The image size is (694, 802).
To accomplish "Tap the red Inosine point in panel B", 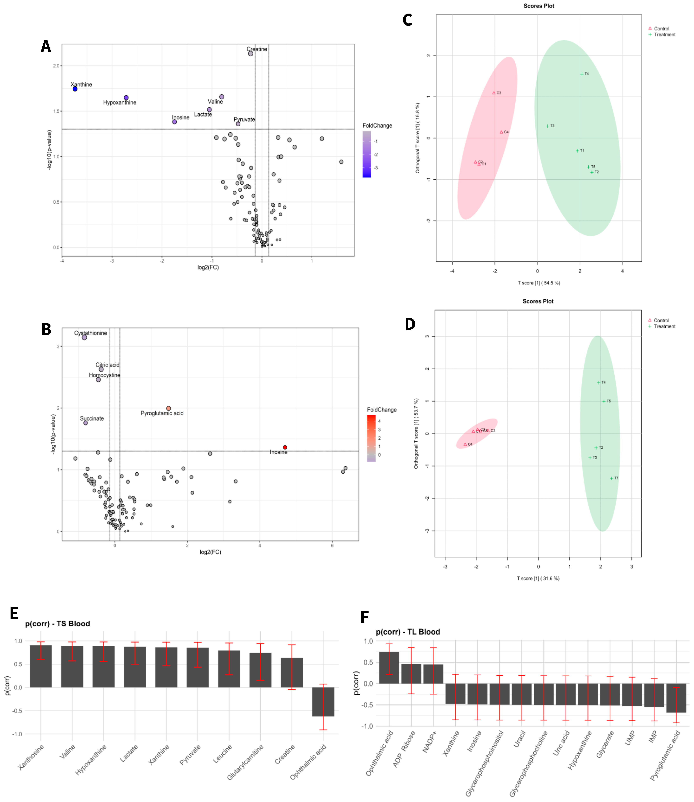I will point(285,447).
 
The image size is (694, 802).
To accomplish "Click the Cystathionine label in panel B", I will point(91,333).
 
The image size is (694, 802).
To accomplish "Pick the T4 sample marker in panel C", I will point(582,74).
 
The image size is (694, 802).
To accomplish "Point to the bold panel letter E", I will point(14,613).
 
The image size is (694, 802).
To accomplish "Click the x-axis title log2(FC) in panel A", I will point(208,267).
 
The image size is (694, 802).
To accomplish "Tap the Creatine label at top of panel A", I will point(257,49).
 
